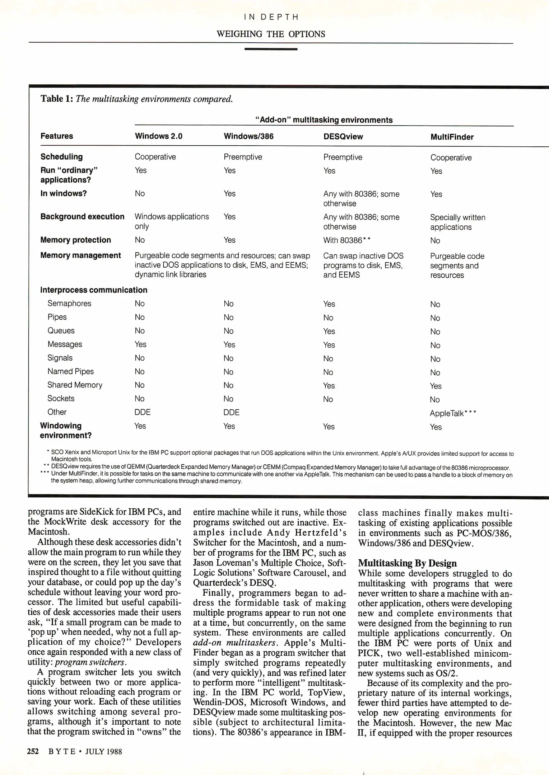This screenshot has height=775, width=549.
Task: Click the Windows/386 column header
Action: pos(248,136)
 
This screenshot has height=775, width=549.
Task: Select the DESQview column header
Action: pos(343,137)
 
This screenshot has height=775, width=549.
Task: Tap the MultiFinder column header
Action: pos(452,137)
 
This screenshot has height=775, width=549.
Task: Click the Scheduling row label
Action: pos(61,157)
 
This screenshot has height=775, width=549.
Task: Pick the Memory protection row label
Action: pos(75,240)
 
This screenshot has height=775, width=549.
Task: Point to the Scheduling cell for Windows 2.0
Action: pos(155,157)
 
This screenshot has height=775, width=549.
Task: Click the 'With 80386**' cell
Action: pos(346,240)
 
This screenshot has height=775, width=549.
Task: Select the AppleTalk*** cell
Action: pos(453,413)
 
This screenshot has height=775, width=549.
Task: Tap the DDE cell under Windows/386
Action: pos(231,413)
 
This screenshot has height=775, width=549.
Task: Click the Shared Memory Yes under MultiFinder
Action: pos(436,386)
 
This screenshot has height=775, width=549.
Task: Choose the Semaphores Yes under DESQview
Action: pos(329,304)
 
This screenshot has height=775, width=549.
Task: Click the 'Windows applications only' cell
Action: pos(171,221)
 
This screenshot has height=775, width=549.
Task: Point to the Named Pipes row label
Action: pos(70,371)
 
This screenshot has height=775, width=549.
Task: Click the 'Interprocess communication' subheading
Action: pos(93,290)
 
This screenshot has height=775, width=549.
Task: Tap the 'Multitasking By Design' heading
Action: pos(407,563)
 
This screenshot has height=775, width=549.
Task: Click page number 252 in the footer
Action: pos(33,751)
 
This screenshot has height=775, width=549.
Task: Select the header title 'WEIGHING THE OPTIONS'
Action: pos(271,34)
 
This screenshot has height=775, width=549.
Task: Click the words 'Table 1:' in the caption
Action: pos(56,99)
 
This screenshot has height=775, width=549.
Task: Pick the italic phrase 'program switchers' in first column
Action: pos(89,662)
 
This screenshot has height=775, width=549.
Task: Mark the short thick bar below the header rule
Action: pos(271,49)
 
